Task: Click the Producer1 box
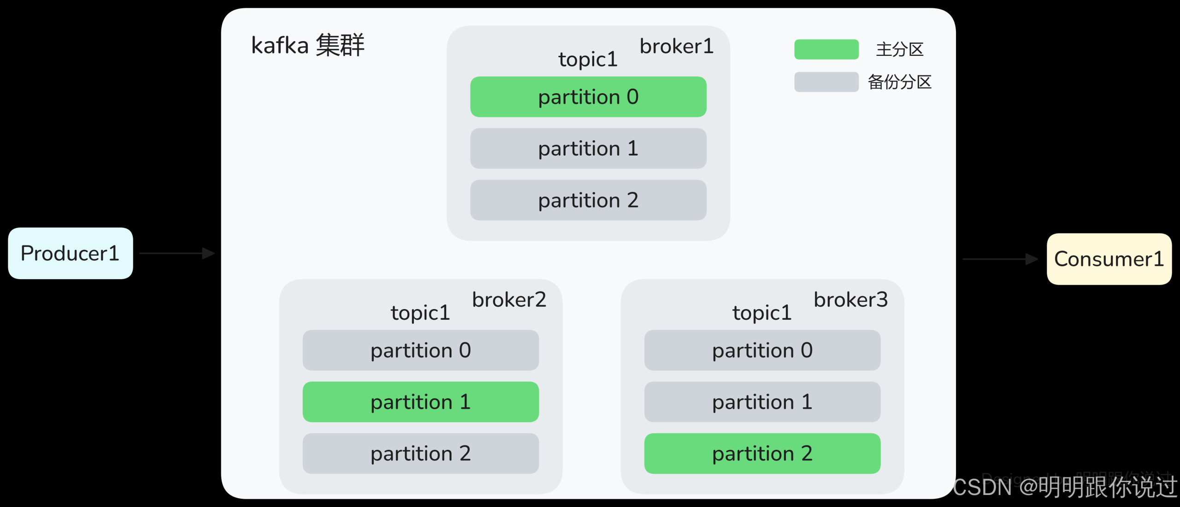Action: coord(70,253)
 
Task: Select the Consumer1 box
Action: coord(1109,259)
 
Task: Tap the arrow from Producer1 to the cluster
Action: coord(177,253)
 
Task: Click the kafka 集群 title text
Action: coord(307,45)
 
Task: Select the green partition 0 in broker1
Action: coord(588,97)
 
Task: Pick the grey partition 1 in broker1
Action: coord(588,149)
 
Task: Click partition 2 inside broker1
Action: coord(588,200)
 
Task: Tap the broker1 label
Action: coord(676,47)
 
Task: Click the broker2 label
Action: coord(509,300)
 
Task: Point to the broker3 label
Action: coord(850,300)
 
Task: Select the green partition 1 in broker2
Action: coord(420,402)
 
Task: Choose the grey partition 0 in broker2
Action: coord(420,350)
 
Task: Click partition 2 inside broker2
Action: coord(420,453)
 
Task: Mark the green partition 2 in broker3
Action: coord(762,453)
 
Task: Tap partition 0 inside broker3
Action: coord(762,350)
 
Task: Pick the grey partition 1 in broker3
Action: coord(762,402)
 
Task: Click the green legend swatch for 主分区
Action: coord(826,49)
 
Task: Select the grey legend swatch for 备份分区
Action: coord(826,82)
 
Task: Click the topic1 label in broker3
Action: coord(761,313)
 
